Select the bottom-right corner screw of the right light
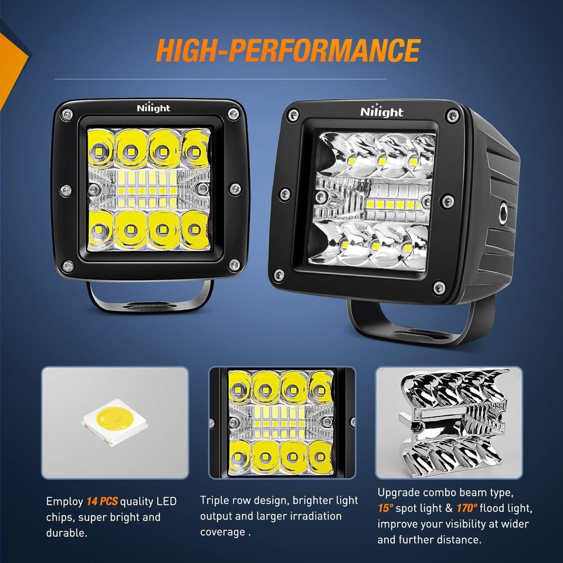(437, 287)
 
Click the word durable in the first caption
(65, 533)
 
